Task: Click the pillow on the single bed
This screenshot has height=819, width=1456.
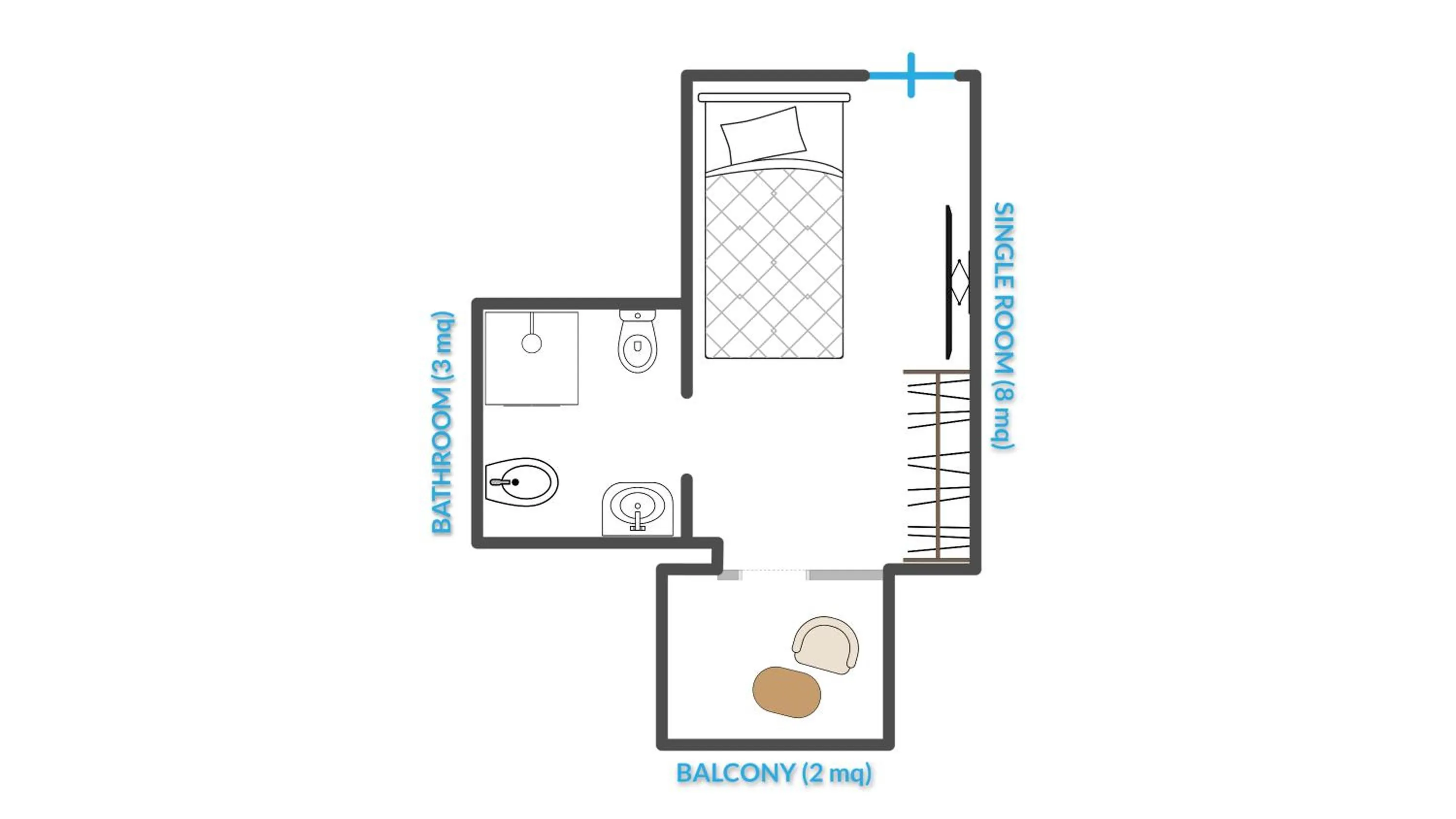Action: [x=763, y=136]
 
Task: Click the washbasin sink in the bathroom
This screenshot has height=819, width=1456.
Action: [x=638, y=507]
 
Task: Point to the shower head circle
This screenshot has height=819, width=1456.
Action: [x=531, y=343]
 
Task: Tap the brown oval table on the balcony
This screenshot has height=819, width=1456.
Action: [x=786, y=692]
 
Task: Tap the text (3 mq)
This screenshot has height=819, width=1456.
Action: [x=442, y=345]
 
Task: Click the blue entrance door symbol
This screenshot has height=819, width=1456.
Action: [x=911, y=75]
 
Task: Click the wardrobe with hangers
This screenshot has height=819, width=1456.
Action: [x=937, y=466]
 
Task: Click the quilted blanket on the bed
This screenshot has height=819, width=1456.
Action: [x=774, y=263]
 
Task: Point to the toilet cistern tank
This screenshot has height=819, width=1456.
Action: [x=638, y=315]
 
